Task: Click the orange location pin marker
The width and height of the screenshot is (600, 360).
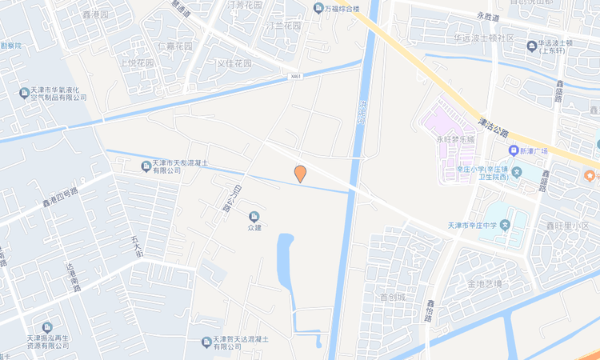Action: tap(300, 173)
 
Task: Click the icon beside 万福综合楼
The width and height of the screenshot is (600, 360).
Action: tap(318, 9)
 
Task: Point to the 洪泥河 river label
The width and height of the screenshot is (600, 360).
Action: tap(362, 114)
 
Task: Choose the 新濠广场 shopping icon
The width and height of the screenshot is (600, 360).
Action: tap(513, 151)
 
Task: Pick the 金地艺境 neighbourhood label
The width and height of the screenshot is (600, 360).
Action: tap(485, 284)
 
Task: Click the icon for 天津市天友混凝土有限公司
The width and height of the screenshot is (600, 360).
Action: tap(146, 166)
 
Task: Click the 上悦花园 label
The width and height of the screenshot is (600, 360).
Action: tap(136, 62)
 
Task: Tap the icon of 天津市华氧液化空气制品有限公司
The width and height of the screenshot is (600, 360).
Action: tap(25, 93)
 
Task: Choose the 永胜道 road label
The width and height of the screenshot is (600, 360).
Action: tap(487, 16)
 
